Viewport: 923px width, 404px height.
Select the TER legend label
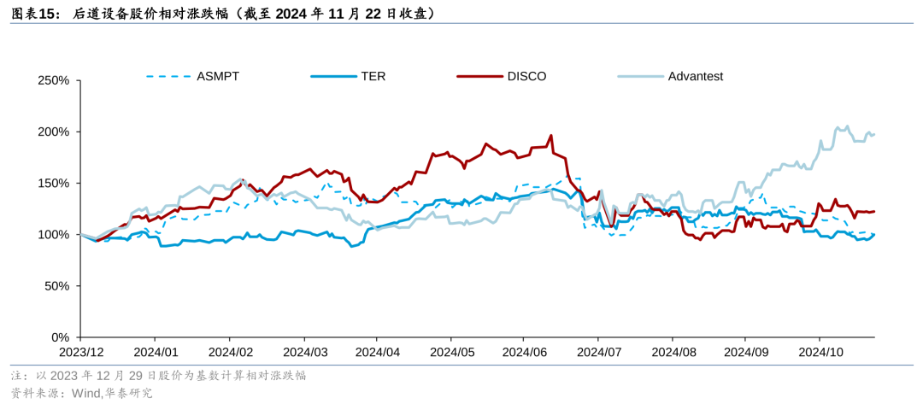[373, 76]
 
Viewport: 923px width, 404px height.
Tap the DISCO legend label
[526, 76]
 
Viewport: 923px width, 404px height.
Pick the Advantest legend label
[696, 76]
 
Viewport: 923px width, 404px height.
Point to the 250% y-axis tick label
[52, 80]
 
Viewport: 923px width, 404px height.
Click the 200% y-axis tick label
[52, 132]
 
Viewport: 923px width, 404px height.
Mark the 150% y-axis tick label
[52, 183]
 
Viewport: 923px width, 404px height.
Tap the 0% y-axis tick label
[59, 337]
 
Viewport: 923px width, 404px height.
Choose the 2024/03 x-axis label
[305, 352]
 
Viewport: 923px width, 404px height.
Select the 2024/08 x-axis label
[673, 352]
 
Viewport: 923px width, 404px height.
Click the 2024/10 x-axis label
[820, 352]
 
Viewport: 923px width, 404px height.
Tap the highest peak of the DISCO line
[551, 135]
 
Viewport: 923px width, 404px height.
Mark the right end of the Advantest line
[874, 134]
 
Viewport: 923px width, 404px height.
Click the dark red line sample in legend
[479, 76]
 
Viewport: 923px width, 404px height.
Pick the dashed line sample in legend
[168, 76]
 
